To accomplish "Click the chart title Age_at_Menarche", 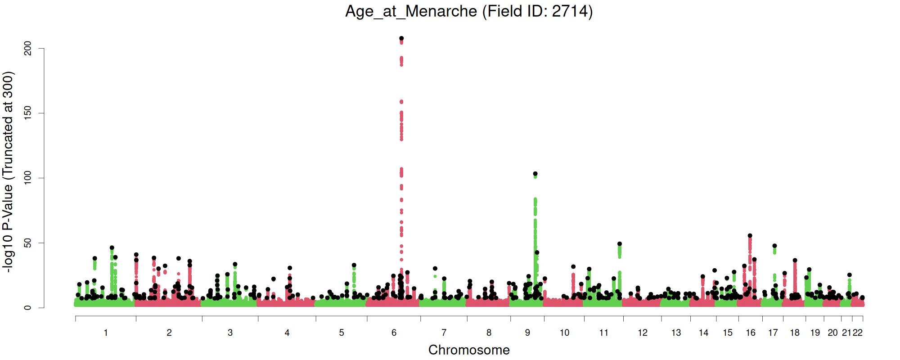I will point(411,11).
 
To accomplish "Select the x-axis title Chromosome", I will point(469,350).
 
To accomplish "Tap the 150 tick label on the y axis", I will point(28,113).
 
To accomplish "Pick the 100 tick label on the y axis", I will point(28,178).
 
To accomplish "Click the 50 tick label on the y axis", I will point(28,243).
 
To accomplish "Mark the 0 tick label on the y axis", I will point(28,308).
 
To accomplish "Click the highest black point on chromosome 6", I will point(401,38).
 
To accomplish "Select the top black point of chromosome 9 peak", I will point(535,174).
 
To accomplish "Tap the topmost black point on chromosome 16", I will point(750,236).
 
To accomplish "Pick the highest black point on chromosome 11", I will point(620,244).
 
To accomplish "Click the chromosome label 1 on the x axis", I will point(106,333).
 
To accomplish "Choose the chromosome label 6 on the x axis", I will point(394,333).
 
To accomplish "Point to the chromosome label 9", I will point(527,333).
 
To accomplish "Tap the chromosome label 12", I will point(643,333).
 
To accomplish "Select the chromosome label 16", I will point(751,333).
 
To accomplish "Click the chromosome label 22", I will point(858,333).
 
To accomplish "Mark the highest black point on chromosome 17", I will point(774,246).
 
